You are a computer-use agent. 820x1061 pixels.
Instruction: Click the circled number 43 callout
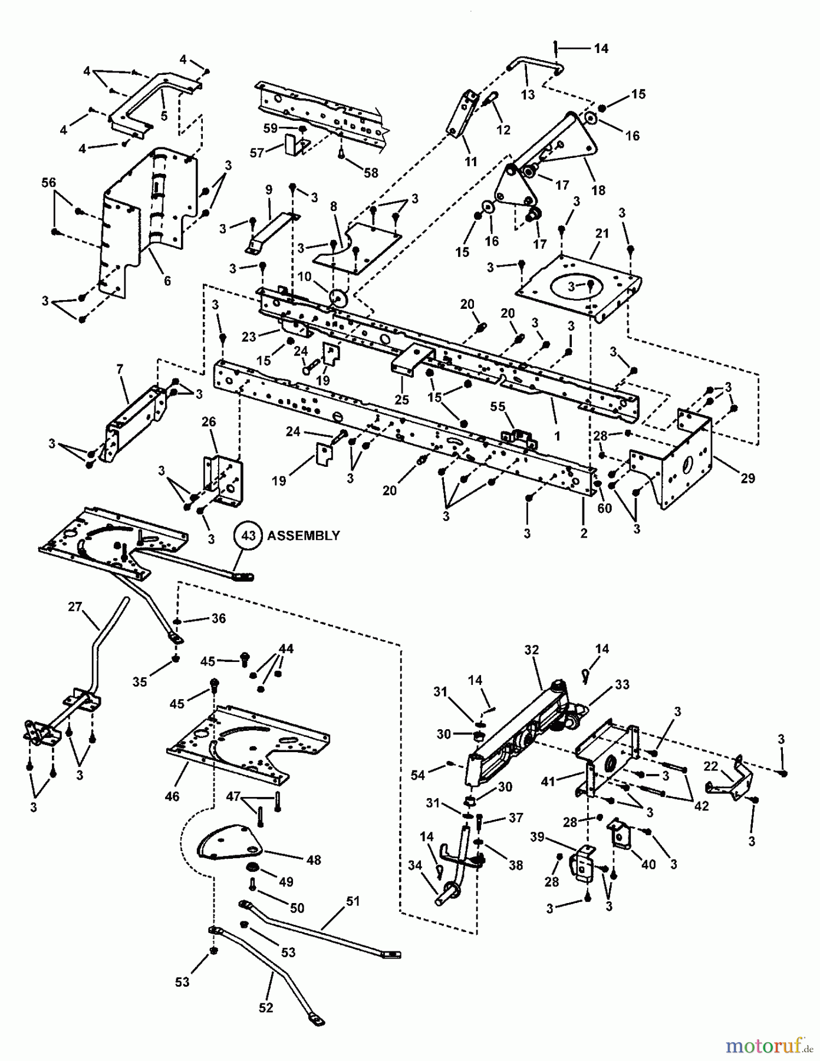tap(249, 535)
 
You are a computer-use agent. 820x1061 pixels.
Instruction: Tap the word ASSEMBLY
tap(304, 535)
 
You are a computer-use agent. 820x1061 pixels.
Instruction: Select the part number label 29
tap(747, 478)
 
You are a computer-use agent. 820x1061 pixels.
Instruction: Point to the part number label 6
tap(167, 281)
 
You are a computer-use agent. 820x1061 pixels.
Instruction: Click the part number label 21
tap(601, 233)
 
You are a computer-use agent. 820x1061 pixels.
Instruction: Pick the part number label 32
tap(531, 650)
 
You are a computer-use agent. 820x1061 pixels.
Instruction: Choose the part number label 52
tap(266, 1007)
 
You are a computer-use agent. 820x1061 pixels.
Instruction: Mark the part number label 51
tap(353, 901)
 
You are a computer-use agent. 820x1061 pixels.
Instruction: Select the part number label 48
tap(314, 860)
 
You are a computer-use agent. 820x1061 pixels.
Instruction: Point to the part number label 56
tap(49, 183)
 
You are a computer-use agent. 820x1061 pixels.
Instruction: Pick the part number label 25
tap(401, 400)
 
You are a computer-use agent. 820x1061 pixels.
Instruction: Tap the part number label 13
tap(528, 94)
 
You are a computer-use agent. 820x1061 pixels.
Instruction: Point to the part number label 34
tap(414, 865)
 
